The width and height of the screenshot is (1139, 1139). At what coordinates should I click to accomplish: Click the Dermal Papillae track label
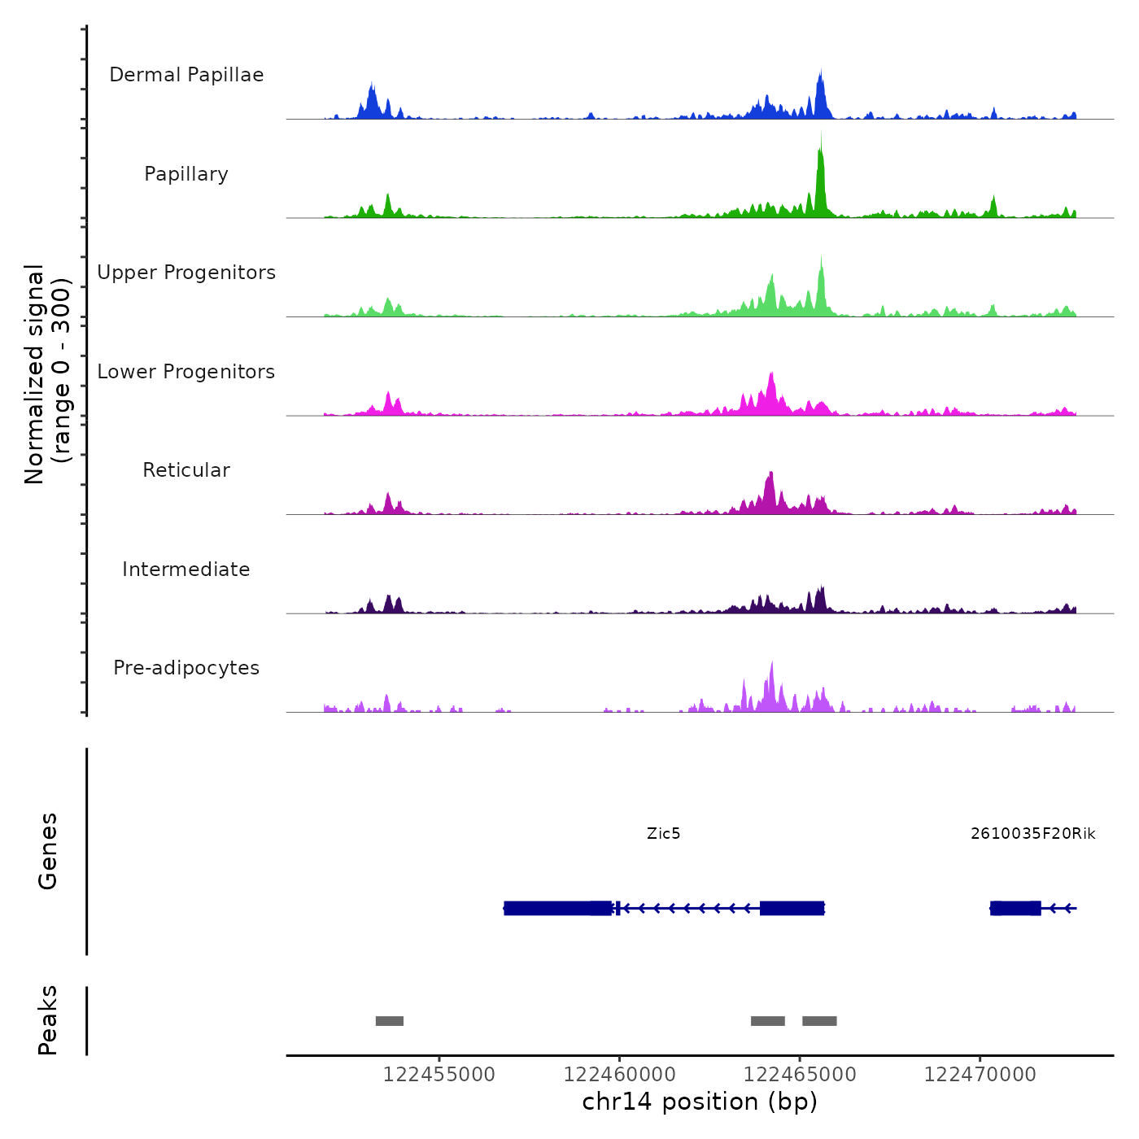(186, 75)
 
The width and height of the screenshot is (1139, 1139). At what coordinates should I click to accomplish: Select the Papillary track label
(186, 174)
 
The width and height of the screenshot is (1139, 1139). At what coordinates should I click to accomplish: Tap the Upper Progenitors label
(186, 273)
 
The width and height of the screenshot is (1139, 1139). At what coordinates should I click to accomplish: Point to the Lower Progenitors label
(186, 372)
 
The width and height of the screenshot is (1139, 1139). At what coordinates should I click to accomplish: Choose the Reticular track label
(186, 470)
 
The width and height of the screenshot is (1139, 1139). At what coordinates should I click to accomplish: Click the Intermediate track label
(186, 569)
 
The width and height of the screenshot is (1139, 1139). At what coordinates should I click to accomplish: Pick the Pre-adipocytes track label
(186, 668)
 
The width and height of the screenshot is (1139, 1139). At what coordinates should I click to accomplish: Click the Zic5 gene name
(663, 834)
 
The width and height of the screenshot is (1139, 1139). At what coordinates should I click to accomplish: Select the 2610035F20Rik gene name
(1032, 834)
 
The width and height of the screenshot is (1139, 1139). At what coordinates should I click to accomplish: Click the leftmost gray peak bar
(390, 1021)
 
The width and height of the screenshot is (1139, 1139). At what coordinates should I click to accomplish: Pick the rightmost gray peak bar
(819, 1021)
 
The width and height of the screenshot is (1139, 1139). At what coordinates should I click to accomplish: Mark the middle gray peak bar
(768, 1021)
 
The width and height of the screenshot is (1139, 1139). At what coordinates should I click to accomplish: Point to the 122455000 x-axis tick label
(439, 1075)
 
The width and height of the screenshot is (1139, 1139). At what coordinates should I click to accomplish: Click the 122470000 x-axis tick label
(980, 1075)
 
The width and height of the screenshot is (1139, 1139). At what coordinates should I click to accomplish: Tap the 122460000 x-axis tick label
(620, 1075)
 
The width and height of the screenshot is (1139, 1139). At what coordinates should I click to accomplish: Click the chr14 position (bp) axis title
(700, 1102)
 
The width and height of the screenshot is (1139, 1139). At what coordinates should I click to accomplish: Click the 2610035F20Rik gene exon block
(1015, 908)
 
